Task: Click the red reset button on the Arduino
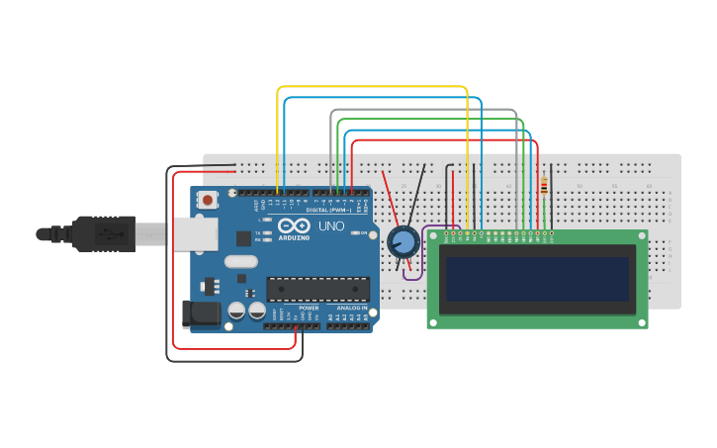(208, 200)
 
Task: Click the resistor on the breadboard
(544, 185)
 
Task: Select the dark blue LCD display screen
(537, 280)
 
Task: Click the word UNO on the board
(331, 226)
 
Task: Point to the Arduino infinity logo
(294, 225)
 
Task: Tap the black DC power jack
(202, 314)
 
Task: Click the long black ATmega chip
(317, 289)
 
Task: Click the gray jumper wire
(425, 110)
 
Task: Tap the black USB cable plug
(103, 233)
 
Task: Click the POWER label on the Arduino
(309, 308)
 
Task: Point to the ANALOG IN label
(351, 308)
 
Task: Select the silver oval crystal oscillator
(240, 262)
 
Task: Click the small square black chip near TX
(243, 238)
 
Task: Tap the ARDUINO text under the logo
(294, 237)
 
